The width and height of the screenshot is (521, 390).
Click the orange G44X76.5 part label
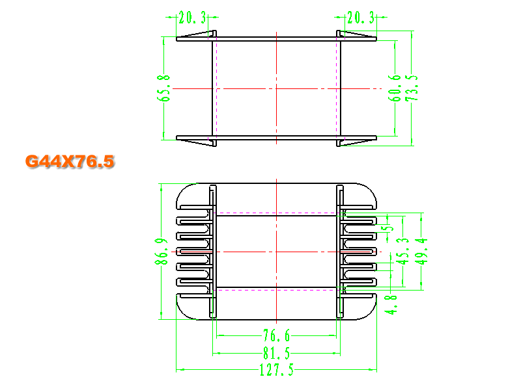point(70,161)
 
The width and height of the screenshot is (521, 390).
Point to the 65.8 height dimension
point(163,88)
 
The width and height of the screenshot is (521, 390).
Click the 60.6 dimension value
point(395,88)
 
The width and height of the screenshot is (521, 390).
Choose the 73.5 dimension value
point(412,88)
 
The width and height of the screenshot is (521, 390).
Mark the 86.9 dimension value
point(162,251)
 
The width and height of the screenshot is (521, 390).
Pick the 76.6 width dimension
point(276,335)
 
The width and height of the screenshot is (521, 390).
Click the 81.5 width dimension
point(276,353)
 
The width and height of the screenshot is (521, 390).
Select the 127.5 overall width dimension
point(276,370)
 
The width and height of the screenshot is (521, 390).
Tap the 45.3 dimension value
point(402,251)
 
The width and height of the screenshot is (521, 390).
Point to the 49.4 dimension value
point(421,251)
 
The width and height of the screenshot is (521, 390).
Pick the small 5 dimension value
point(389,228)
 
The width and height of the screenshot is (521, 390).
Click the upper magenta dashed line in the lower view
point(276,213)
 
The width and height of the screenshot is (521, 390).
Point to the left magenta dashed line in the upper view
point(217,88)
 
